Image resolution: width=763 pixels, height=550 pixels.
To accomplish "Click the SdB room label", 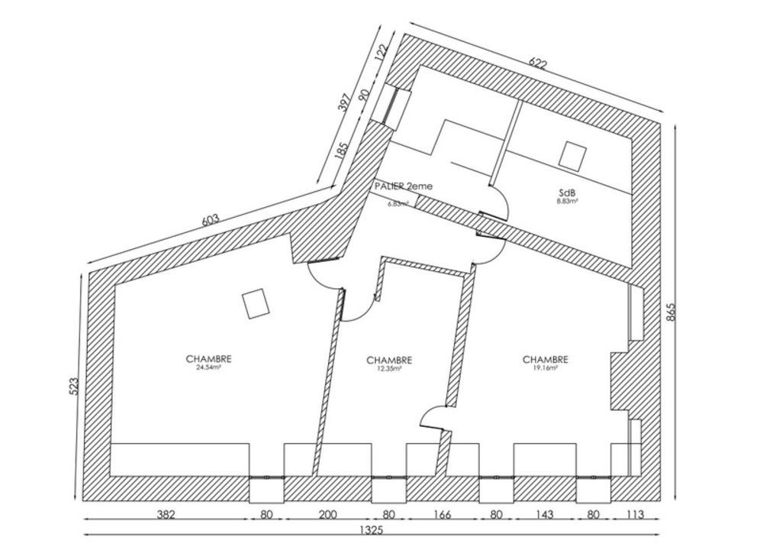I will [x=566, y=194].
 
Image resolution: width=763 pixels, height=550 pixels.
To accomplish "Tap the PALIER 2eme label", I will [x=404, y=186].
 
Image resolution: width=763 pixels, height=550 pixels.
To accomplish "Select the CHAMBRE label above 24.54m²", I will [x=208, y=358].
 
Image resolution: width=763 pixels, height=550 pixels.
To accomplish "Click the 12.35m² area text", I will [x=389, y=368].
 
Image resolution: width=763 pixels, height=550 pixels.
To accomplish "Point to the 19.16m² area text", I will [x=545, y=367].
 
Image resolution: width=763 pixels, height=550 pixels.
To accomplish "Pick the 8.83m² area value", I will [x=566, y=202].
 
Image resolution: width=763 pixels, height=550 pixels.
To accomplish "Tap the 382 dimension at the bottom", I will [x=166, y=515].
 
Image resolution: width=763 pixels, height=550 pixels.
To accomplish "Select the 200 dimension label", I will [x=327, y=515].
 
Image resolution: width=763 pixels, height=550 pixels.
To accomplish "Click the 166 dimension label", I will [x=443, y=515].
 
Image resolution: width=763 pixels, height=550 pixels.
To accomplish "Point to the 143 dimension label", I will [x=545, y=515].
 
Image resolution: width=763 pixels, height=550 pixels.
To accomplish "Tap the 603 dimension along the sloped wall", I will [x=210, y=220].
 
